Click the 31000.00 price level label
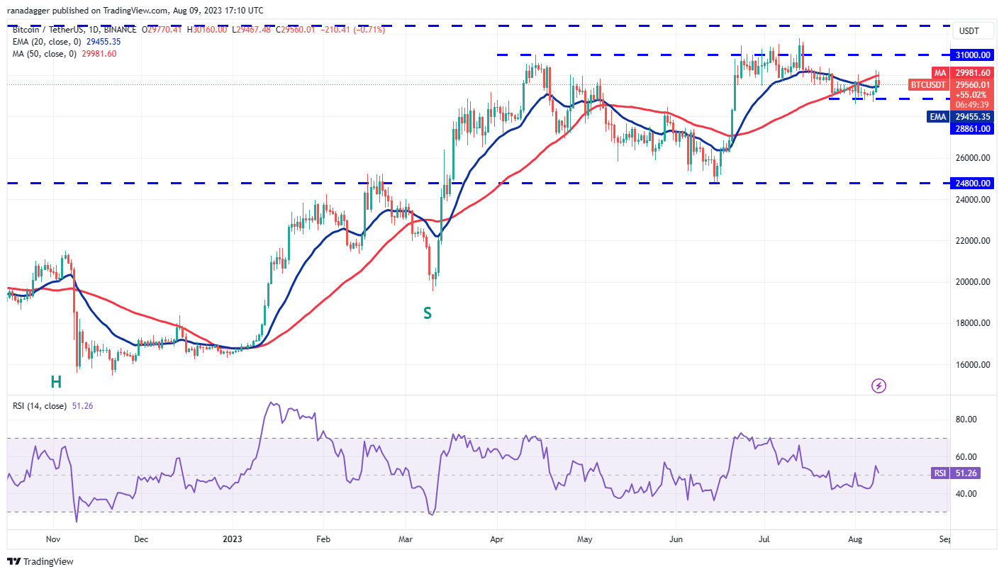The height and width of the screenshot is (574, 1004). point(974,55)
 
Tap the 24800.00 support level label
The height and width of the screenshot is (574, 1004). point(974,183)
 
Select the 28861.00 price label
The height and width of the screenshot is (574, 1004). point(974,128)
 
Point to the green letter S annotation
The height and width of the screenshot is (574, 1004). point(428,313)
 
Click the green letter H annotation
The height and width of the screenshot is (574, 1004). point(56,382)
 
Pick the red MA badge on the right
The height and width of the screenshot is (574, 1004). point(940,72)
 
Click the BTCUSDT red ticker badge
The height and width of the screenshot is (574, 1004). point(928,85)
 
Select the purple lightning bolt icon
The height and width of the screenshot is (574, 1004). point(878,386)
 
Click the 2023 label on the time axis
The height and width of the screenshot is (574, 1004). point(233,539)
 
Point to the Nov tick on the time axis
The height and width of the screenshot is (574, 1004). point(52,539)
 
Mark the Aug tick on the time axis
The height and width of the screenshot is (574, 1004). point(856,539)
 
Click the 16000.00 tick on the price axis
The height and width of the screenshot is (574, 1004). point(972,365)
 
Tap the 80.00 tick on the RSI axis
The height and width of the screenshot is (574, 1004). point(967,420)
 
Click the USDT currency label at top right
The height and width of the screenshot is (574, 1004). point(969,31)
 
